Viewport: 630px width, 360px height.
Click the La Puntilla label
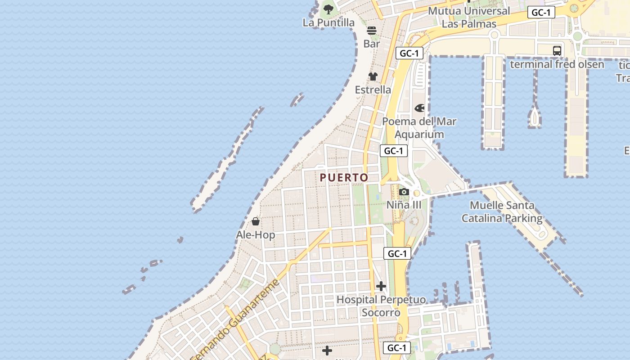click(328, 22)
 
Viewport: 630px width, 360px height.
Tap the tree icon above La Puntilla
click(328, 9)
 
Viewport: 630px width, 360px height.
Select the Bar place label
click(372, 44)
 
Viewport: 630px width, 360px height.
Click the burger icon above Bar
click(372, 31)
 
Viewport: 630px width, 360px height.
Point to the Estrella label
click(373, 90)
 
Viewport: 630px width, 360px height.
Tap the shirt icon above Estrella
click(373, 76)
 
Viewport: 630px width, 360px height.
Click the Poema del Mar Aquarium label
click(419, 128)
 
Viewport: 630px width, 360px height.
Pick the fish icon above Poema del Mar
click(419, 108)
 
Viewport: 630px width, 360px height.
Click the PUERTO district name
click(344, 178)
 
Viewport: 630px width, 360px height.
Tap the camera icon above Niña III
click(404, 192)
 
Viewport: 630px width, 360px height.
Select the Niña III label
click(404, 205)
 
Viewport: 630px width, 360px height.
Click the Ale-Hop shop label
click(256, 235)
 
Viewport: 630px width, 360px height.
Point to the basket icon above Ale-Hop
click(256, 221)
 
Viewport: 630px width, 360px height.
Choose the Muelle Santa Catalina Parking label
click(502, 212)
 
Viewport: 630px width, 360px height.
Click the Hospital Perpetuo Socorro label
click(381, 306)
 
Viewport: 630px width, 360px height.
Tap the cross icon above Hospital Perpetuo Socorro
click(381, 286)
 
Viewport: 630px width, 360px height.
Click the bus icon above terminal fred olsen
click(557, 51)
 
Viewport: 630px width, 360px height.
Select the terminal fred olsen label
click(557, 64)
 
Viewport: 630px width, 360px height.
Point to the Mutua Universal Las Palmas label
click(469, 17)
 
